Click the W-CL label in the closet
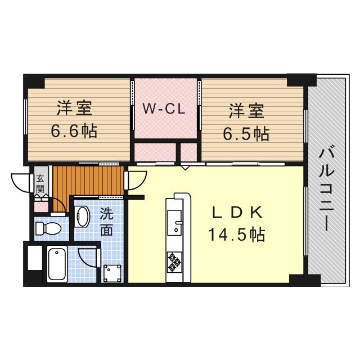click(x=163, y=109)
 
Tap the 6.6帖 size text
click(x=74, y=132)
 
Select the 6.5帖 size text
click(x=246, y=133)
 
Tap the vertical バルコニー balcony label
click(x=326, y=188)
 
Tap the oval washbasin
click(x=82, y=216)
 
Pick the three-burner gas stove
click(x=174, y=260)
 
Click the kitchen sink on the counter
click(x=174, y=221)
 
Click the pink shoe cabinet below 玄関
click(x=41, y=204)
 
